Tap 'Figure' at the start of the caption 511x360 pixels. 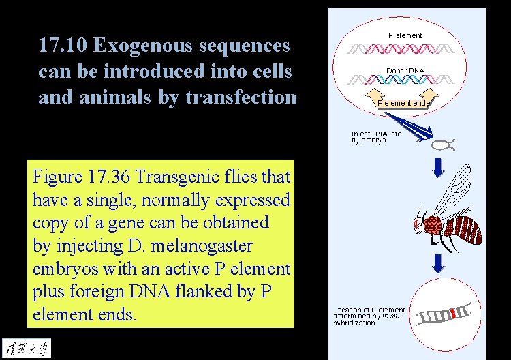tap(57, 177)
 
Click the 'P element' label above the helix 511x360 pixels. tap(405, 35)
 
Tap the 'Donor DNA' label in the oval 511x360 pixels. tap(405, 70)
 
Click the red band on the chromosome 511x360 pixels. tap(450, 314)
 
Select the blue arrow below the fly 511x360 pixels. tap(439, 262)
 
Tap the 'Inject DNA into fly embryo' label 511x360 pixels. tap(376, 136)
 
